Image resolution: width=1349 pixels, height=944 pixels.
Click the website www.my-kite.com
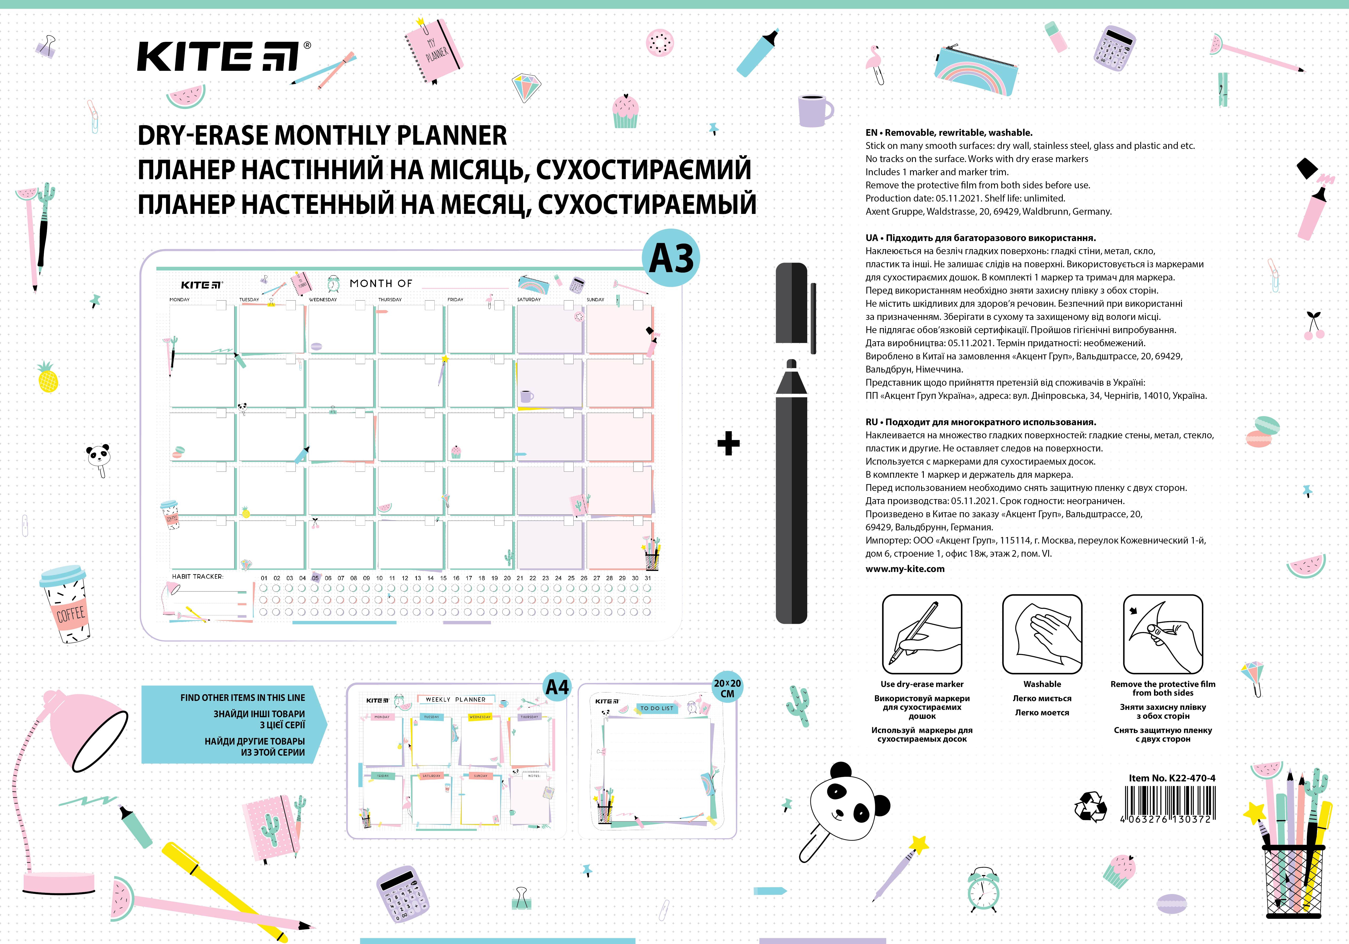point(905,569)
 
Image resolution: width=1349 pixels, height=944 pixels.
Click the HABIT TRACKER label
point(197,576)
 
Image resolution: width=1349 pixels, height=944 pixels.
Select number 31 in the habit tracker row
point(648,578)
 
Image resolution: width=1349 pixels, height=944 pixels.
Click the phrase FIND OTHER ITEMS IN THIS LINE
point(243,698)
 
